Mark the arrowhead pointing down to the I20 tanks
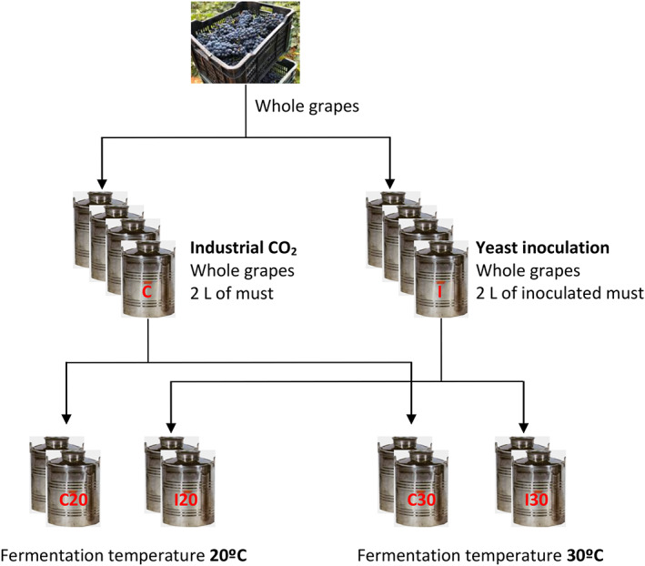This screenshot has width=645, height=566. pos(173,419)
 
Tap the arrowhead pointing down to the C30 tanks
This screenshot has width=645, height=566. pos(413,419)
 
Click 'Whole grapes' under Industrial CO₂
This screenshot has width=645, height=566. pos(231,270)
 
